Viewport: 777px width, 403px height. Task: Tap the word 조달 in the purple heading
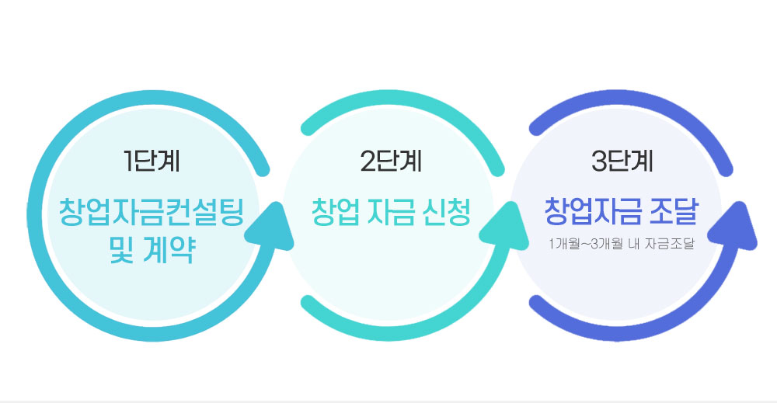[x=675, y=211]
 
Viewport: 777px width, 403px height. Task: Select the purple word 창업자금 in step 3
[x=594, y=211]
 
